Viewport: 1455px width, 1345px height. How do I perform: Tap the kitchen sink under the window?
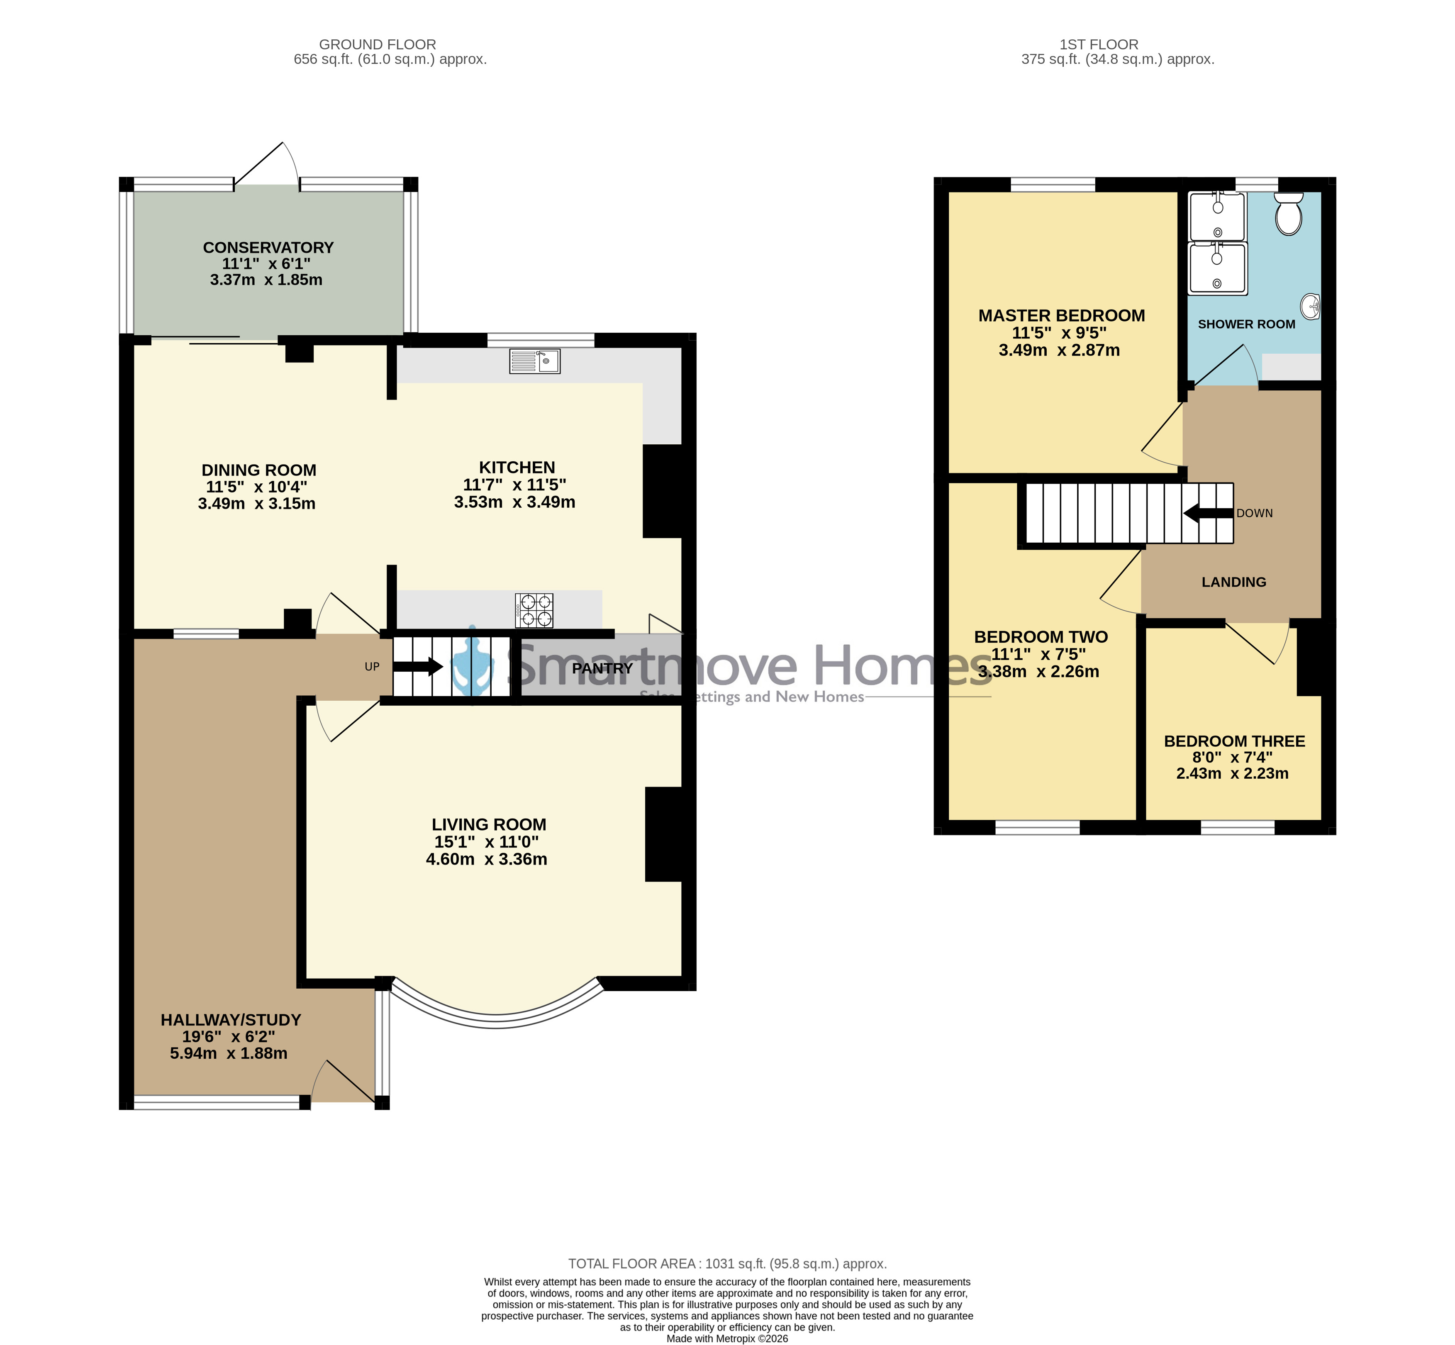tap(535, 361)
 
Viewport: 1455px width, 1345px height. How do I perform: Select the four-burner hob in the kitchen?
tap(534, 611)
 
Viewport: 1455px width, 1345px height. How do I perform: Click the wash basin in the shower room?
tap(1311, 307)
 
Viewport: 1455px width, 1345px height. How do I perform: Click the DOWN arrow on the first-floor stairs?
tap(1208, 513)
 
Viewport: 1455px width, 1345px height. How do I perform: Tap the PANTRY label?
tap(602, 668)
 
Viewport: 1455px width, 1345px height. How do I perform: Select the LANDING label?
tap(1234, 582)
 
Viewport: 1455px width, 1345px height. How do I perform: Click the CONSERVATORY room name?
tap(268, 247)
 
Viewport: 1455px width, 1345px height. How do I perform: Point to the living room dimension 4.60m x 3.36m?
tap(486, 859)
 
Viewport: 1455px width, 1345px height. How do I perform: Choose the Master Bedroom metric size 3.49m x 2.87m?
tap(1059, 350)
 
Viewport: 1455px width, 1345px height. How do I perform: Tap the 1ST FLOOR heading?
tap(1099, 44)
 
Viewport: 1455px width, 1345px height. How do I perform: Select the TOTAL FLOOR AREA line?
tap(727, 1264)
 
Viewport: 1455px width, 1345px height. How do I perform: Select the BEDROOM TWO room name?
tap(1041, 637)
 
